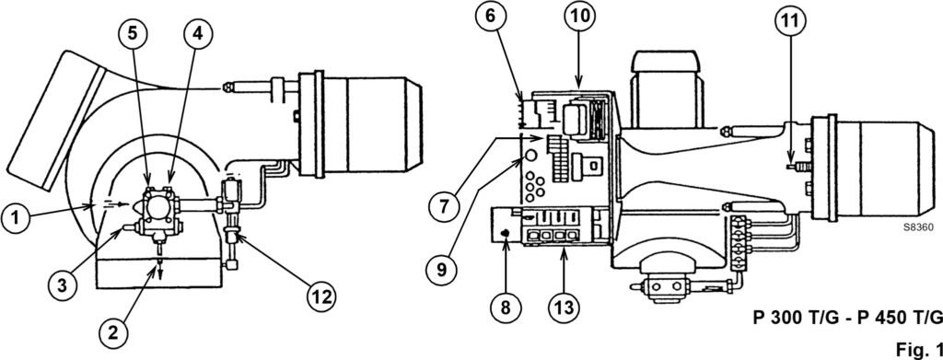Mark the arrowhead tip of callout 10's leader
pos(577,88)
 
